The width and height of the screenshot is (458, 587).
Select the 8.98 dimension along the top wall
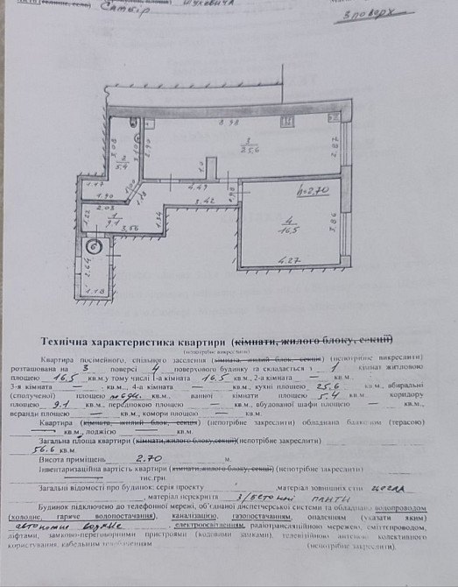pyautogui.click(x=229, y=122)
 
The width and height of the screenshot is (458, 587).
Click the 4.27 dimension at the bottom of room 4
pyautogui.click(x=289, y=259)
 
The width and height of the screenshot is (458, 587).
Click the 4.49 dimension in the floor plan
pyautogui.click(x=197, y=187)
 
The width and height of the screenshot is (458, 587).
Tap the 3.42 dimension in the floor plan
pyautogui.click(x=207, y=202)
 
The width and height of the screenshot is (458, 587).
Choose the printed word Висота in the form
pyautogui.click(x=55, y=458)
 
